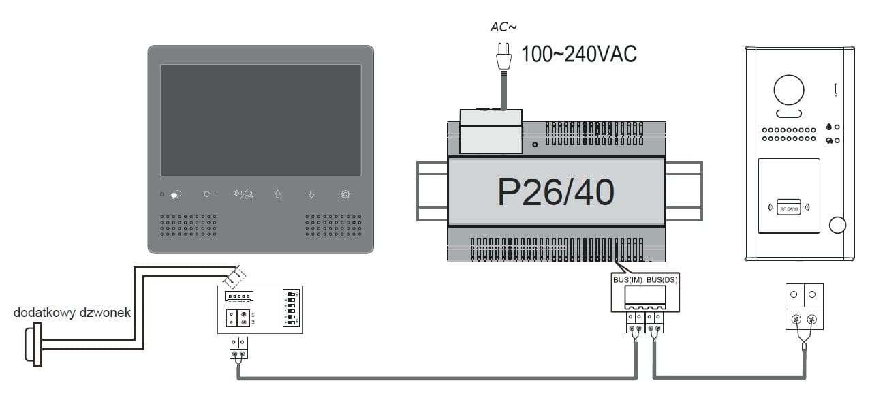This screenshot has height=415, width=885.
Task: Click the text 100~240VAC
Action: point(579,55)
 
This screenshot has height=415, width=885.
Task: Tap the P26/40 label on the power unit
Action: point(555,192)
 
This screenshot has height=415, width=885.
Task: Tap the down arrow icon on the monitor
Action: point(311,195)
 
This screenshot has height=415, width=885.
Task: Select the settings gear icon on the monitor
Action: point(345,195)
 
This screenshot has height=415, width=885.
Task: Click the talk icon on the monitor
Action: point(176,195)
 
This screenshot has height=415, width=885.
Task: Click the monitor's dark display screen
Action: point(260,121)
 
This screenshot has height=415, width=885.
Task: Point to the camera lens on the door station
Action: point(788,90)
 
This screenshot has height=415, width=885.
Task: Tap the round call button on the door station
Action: point(836,226)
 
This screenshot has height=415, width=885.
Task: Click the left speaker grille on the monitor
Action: point(188,224)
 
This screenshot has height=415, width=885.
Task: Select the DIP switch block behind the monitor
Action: point(292,309)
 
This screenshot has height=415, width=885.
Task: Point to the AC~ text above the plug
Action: point(504,27)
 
